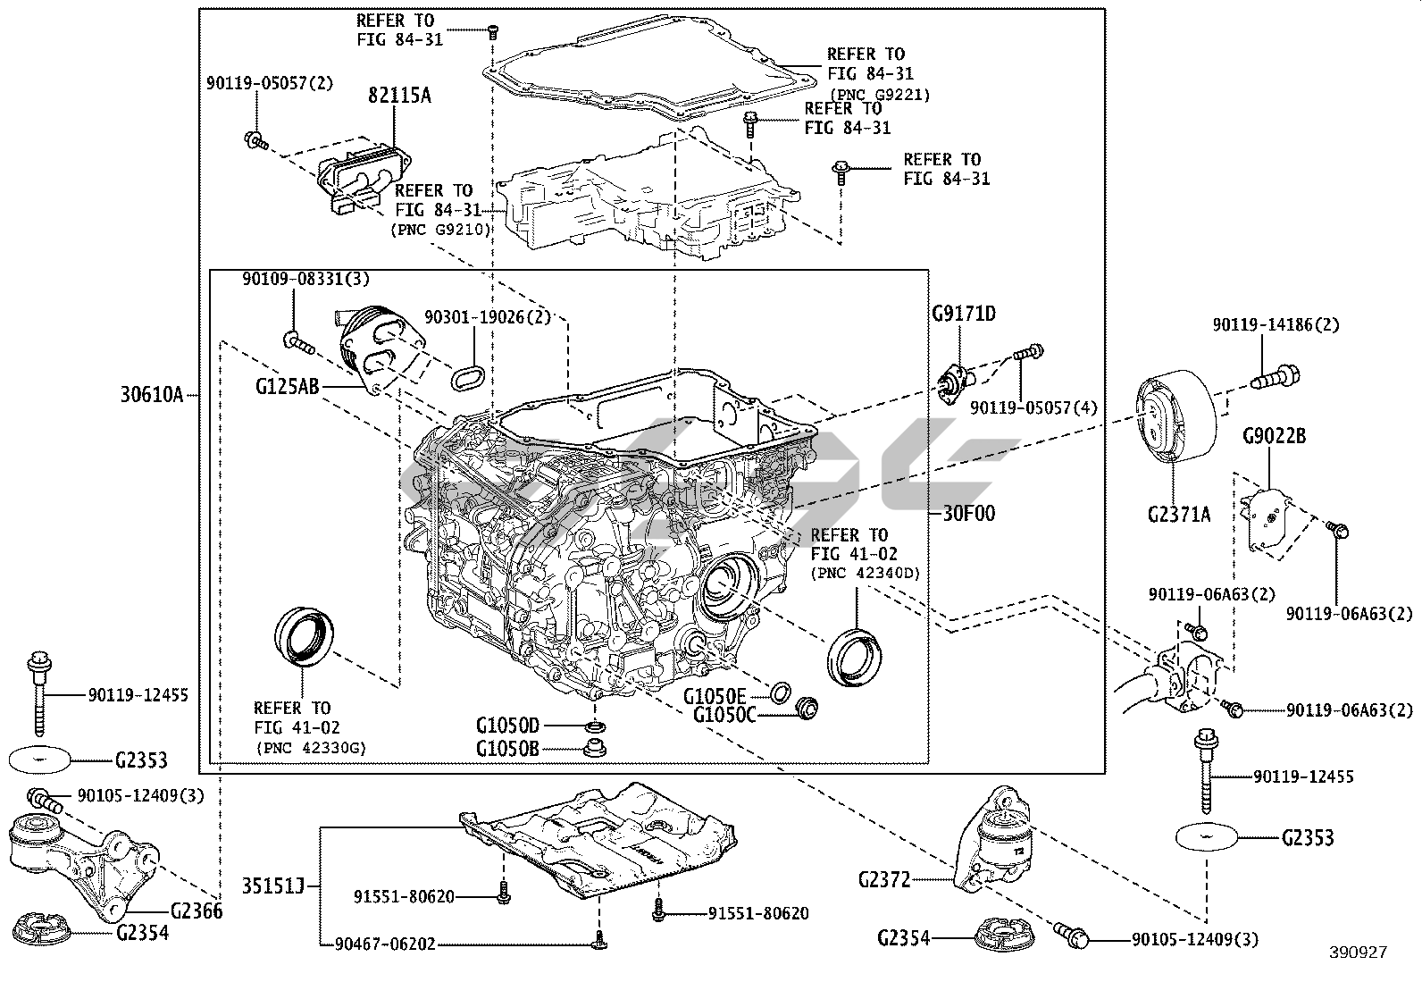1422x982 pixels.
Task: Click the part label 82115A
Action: click(x=399, y=95)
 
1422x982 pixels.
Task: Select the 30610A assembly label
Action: click(x=151, y=393)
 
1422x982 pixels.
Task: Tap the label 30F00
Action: click(x=968, y=514)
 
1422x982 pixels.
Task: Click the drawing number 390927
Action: click(x=1358, y=953)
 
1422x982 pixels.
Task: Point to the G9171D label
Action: click(x=963, y=314)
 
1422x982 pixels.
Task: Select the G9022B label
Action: click(x=1274, y=437)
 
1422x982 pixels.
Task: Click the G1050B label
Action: click(x=507, y=748)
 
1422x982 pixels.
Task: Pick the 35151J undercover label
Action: click(x=272, y=886)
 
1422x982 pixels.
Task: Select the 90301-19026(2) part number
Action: click(x=487, y=317)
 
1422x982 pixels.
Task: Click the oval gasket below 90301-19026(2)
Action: click(x=468, y=377)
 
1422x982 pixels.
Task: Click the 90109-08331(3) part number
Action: click(x=305, y=280)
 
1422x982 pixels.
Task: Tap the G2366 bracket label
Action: click(x=196, y=911)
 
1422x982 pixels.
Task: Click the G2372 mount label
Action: click(x=883, y=880)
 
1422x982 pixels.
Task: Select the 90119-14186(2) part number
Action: click(x=1275, y=325)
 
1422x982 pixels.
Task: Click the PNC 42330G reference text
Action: click(x=311, y=747)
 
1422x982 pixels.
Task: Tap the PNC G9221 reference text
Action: click(x=880, y=94)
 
